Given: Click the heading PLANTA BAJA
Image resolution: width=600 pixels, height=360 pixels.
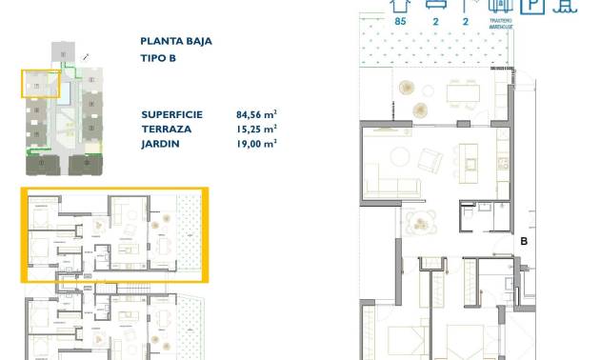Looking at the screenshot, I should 175,42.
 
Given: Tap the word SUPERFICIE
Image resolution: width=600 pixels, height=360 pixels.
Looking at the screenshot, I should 172,112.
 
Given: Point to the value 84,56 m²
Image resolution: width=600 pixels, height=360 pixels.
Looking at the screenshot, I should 256,112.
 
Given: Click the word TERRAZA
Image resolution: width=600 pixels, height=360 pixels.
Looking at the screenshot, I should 165,128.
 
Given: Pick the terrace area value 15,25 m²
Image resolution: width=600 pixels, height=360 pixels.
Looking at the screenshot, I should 256,128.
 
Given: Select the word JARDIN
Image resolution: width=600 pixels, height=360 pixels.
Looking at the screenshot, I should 159,144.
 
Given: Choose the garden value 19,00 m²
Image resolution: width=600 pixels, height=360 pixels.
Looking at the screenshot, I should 256,144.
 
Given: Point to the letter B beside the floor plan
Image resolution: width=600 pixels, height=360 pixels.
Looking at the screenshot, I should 524,242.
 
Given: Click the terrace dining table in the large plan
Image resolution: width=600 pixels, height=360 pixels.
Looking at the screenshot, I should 462,92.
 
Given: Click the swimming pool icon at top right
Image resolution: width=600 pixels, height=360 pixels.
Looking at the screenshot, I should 568,6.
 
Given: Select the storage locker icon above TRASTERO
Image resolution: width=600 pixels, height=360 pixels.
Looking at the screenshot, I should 502,6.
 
